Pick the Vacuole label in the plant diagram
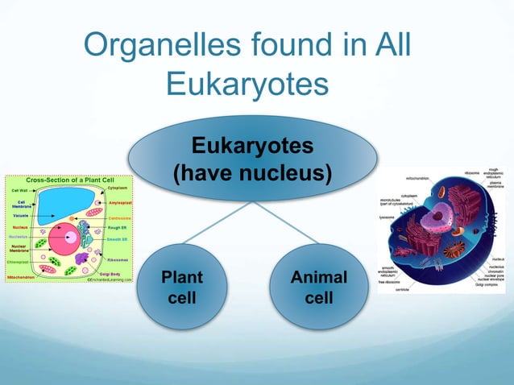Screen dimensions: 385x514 (21, 216)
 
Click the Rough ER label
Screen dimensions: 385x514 (118, 227)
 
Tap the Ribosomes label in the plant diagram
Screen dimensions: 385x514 (118, 261)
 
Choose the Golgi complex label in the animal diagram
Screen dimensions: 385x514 (491, 284)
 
